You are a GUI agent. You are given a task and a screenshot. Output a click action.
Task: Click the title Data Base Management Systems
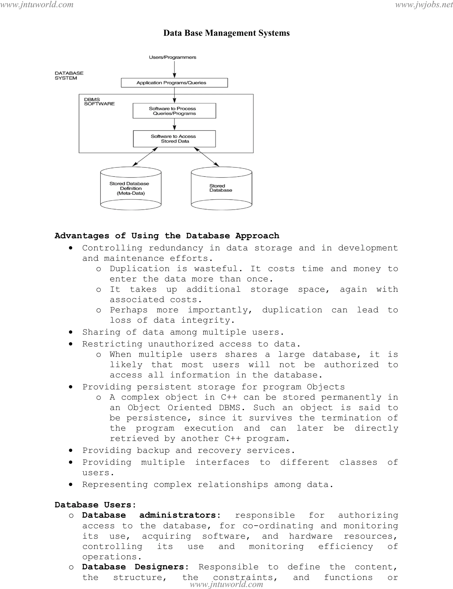click(x=226, y=33)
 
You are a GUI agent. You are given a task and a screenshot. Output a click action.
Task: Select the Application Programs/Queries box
click(x=174, y=83)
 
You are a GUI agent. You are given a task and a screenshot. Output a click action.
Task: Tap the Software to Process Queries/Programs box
click(x=174, y=111)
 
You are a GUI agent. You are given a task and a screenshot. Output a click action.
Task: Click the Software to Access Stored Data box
click(x=174, y=139)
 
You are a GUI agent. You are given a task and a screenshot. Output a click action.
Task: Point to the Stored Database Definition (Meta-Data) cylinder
click(x=131, y=188)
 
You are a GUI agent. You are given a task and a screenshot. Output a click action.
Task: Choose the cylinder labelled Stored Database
click(x=221, y=188)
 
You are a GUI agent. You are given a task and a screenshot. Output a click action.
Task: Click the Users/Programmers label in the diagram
click(x=173, y=57)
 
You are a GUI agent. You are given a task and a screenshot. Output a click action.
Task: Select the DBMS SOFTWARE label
click(x=99, y=102)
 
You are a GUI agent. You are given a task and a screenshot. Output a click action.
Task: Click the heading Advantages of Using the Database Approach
click(x=167, y=236)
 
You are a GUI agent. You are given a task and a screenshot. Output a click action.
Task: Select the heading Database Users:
click(x=95, y=505)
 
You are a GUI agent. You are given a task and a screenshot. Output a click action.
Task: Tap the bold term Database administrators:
click(x=151, y=515)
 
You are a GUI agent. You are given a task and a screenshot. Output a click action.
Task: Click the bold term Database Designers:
click(x=135, y=567)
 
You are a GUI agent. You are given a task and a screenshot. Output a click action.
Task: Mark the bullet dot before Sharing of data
click(x=71, y=332)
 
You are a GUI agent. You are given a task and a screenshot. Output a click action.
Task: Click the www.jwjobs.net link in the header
click(x=424, y=5)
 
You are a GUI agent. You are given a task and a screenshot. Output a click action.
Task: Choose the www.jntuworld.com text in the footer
click(x=226, y=584)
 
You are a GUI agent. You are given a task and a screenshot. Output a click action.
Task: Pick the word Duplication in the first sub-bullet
click(x=140, y=269)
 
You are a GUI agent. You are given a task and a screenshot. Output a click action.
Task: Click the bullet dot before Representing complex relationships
click(x=71, y=484)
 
